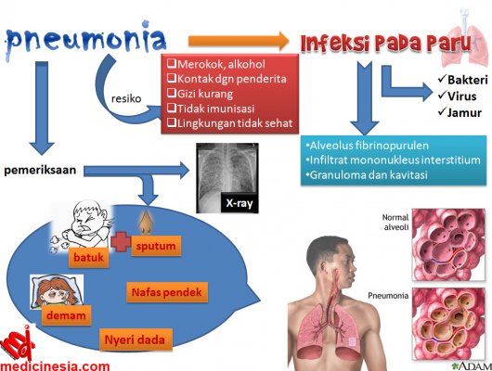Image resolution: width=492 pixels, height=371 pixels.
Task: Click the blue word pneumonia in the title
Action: tap(85, 39)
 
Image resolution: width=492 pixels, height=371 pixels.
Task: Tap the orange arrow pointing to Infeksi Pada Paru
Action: tap(239, 41)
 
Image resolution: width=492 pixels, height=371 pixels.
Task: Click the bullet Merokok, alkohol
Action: tap(216, 64)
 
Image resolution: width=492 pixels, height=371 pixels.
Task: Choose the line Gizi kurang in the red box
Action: tap(201, 94)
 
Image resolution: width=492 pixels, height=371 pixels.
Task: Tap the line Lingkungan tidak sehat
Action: tap(230, 123)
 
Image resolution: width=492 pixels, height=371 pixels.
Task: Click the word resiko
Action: tap(126, 99)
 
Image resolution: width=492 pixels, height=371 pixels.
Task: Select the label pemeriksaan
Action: tap(40, 170)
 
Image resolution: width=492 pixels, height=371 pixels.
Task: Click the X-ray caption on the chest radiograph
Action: tap(240, 203)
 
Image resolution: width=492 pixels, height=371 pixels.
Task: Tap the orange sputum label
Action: tap(156, 246)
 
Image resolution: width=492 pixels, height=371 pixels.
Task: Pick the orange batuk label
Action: tap(88, 258)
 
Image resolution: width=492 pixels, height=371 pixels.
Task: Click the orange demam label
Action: tap(66, 315)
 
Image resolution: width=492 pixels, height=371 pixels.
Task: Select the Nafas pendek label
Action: tap(167, 292)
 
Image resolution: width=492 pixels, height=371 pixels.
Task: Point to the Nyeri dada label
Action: tap(136, 339)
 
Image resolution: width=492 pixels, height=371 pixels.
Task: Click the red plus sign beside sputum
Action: tap(121, 241)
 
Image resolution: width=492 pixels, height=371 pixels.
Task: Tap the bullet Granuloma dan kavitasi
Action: tap(367, 175)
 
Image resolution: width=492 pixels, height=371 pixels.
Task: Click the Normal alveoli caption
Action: tap(395, 222)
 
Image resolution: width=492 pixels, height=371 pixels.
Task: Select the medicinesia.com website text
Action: tap(55, 366)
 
